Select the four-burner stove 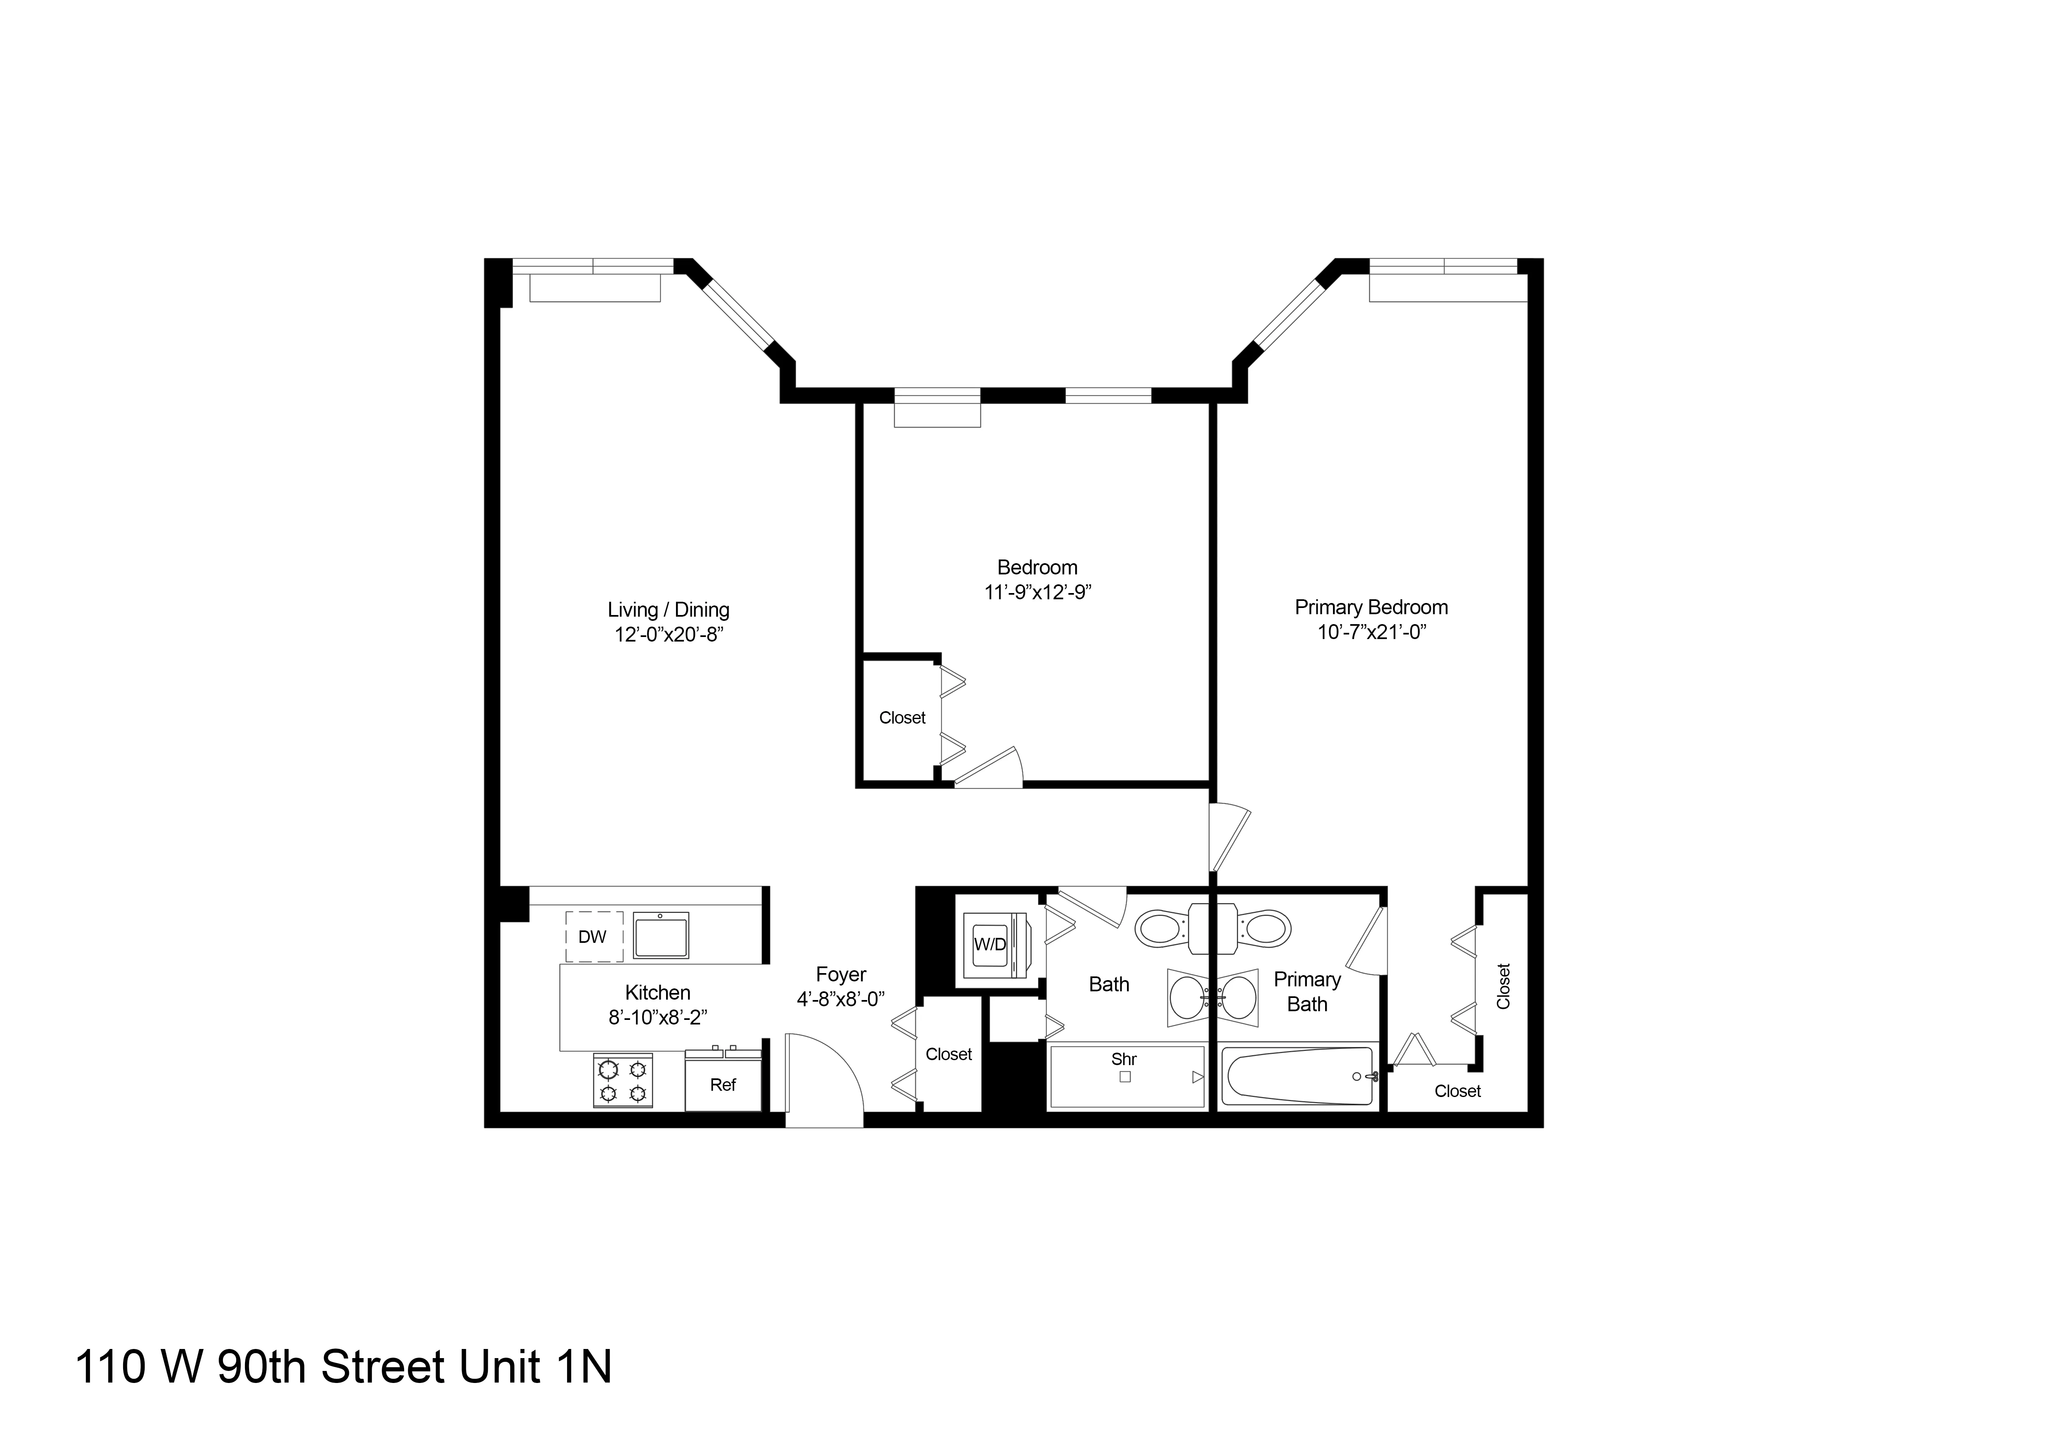pyautogui.click(x=622, y=1081)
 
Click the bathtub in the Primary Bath pyautogui.click(x=1298, y=1077)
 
